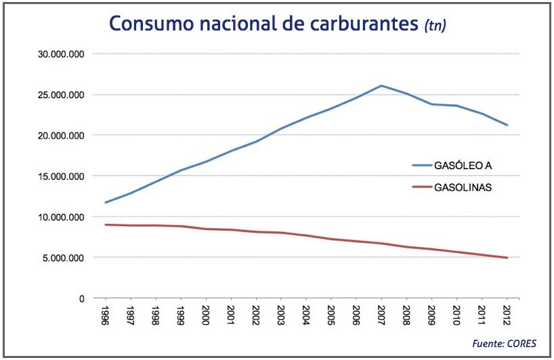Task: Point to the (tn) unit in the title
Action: pos(435,25)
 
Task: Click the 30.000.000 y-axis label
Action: pos(60,54)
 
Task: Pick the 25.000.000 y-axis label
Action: pos(60,95)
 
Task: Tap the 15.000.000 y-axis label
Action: pos(60,177)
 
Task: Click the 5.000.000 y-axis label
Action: pos(63,258)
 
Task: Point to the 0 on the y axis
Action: pos(81,298)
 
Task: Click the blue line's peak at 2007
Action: pos(381,86)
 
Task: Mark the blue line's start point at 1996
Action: pos(105,202)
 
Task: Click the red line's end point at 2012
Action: pos(507,258)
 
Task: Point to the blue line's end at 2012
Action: pos(507,125)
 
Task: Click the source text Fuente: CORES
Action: pos(505,344)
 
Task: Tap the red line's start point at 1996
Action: pos(105,225)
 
